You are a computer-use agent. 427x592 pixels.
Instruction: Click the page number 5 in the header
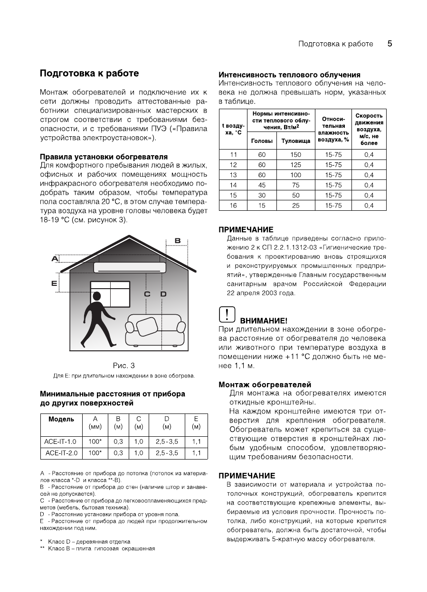(389, 44)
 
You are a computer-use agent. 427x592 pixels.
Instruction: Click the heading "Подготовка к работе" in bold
(89, 73)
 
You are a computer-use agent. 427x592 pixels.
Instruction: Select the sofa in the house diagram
(155, 330)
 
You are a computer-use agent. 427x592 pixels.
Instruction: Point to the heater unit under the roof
(130, 267)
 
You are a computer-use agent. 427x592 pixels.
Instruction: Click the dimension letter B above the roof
(177, 241)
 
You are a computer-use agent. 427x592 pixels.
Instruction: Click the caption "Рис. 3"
(123, 365)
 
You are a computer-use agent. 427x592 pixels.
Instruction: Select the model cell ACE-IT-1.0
(61, 442)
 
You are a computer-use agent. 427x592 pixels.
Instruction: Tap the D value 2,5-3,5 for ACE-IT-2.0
(167, 453)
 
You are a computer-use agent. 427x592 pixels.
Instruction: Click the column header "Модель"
(61, 419)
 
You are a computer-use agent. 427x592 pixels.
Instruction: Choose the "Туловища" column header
(295, 141)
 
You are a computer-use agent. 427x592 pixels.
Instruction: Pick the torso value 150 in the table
(295, 155)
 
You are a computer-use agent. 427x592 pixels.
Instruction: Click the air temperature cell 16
(233, 206)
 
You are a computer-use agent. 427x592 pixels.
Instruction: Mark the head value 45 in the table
(262, 185)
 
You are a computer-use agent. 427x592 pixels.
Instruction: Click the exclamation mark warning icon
(227, 315)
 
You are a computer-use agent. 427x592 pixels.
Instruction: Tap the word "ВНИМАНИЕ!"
(264, 321)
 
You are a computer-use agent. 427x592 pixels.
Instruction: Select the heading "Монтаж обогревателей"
(265, 384)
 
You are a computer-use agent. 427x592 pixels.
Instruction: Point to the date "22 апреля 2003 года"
(261, 293)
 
